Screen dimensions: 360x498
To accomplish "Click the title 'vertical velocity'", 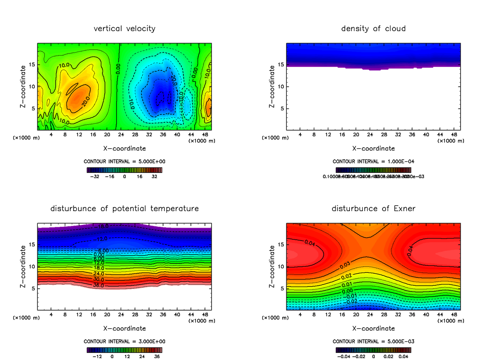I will [x=124, y=29].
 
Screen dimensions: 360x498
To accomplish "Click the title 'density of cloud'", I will [x=373, y=29].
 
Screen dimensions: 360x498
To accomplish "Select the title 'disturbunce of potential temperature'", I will [x=124, y=208].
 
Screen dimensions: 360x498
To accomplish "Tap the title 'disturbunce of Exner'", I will [x=373, y=208].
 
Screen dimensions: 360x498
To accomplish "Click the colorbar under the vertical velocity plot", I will [x=124, y=170].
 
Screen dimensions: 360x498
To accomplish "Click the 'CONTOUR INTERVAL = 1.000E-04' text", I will [x=373, y=161].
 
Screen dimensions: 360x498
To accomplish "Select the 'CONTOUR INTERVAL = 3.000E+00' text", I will [x=124, y=341].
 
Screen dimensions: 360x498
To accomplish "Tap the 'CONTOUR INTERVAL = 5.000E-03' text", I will [x=373, y=341].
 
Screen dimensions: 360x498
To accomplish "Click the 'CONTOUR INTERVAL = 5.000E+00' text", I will [x=124, y=161].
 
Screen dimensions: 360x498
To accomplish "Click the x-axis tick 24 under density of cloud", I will [x=370, y=135].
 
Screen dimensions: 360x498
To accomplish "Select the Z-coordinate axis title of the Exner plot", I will [x=272, y=267].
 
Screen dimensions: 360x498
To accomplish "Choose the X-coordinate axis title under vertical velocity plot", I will [x=124, y=148].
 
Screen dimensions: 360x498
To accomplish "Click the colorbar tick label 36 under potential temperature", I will [x=157, y=356].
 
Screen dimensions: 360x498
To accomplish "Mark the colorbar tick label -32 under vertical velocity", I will [x=97, y=176].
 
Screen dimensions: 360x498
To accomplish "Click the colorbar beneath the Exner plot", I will [x=373, y=350].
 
